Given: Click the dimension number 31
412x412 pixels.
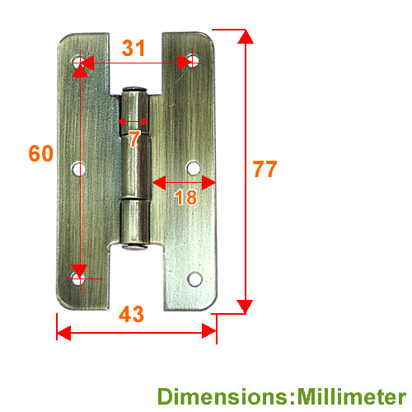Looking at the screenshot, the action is click(x=133, y=48).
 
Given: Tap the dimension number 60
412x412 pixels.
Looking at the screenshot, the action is click(x=41, y=153).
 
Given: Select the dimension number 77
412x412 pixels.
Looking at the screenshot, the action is click(x=265, y=169).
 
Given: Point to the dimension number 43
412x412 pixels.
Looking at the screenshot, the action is click(x=131, y=314).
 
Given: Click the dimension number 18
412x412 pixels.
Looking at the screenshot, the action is click(x=185, y=197).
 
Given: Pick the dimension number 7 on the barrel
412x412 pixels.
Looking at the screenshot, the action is click(x=134, y=138).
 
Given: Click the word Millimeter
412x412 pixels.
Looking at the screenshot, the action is click(x=352, y=396).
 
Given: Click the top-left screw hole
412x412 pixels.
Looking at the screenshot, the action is click(x=79, y=62).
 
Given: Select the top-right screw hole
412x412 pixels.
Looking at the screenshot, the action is click(x=193, y=61).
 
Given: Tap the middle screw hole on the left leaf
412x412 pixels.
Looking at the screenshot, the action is click(x=79, y=169).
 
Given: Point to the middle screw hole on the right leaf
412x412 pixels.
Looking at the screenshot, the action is click(x=194, y=168).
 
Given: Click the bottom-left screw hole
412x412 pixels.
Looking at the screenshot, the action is click(x=78, y=279).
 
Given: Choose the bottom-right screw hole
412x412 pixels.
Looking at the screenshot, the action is click(x=194, y=279).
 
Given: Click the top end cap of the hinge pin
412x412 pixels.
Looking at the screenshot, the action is click(x=134, y=90).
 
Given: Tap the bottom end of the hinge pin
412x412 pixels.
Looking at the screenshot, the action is click(x=134, y=247).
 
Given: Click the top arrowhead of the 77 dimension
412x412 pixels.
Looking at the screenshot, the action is click(x=246, y=36).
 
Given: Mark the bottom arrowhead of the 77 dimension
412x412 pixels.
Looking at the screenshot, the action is click(x=245, y=307).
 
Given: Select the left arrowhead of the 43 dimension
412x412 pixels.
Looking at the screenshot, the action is click(x=63, y=333).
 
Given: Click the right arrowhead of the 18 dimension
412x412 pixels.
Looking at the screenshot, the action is click(x=208, y=183).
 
